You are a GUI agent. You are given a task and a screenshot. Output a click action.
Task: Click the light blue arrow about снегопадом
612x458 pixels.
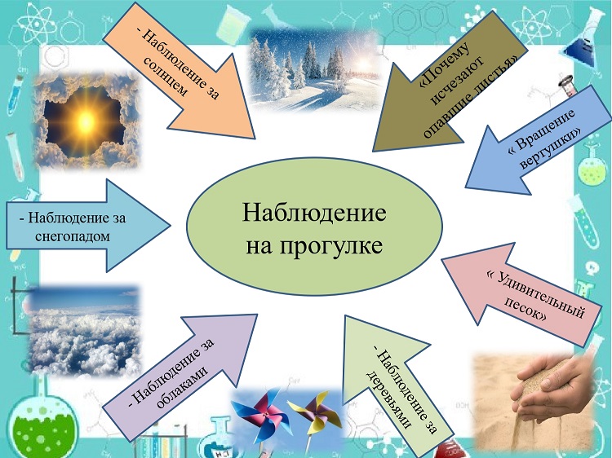pyautogui.click(x=88, y=226)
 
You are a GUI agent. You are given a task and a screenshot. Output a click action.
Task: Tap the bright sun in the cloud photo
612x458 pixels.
pyautogui.click(x=86, y=120)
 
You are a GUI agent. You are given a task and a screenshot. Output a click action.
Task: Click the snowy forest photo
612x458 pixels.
pyautogui.click(x=314, y=70)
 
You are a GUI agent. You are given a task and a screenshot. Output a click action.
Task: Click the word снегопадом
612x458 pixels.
pyautogui.click(x=73, y=236)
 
